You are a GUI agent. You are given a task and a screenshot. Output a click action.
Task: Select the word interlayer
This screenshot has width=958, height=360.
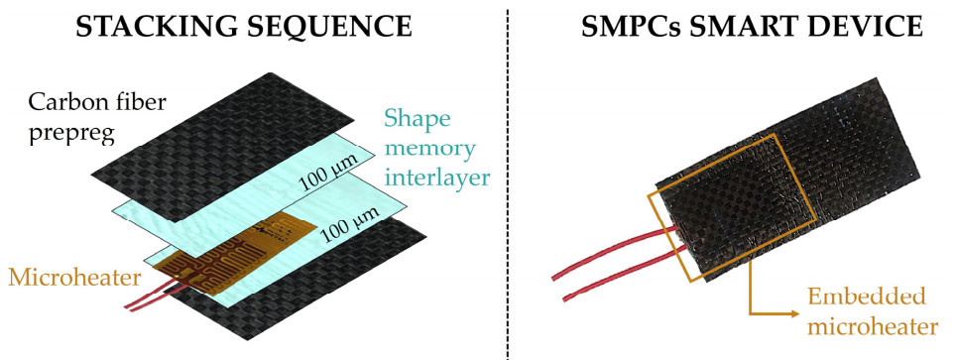coord(438,178)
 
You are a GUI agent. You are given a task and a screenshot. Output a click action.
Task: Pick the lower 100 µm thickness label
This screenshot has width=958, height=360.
coord(352,222)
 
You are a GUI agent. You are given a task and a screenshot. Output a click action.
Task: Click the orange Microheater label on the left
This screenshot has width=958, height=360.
coord(74,278)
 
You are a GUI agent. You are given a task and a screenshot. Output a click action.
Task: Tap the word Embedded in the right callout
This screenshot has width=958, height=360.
coord(866,298)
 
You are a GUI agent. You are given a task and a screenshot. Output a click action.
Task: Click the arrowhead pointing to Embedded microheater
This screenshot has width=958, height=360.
coord(792,314)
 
